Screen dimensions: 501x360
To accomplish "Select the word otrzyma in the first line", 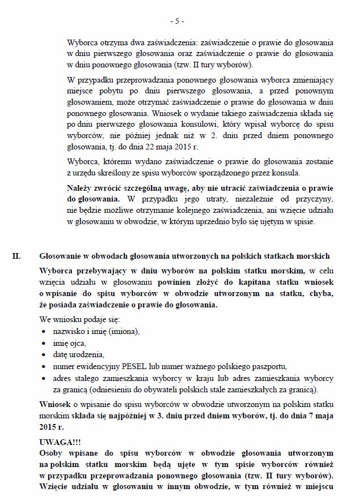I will pyautogui.click(x=114, y=42).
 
